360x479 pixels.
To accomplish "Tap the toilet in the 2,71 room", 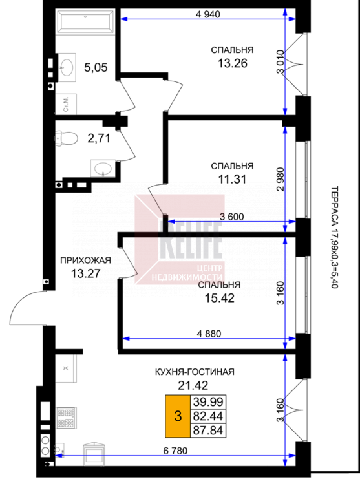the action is (67, 138).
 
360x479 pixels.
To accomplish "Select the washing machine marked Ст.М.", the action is (66, 104).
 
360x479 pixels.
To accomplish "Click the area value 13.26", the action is (233, 63).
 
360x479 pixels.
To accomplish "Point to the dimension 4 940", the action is (207, 14).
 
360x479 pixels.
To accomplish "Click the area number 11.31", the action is (232, 179).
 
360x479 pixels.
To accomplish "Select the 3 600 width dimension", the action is (232, 217).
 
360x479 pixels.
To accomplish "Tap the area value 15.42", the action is (219, 298).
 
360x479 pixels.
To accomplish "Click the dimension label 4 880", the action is (209, 334).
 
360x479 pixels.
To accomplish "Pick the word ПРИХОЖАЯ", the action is (85, 261).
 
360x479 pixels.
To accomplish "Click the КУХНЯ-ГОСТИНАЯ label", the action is (195, 372).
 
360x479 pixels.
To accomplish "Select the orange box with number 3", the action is (178, 416).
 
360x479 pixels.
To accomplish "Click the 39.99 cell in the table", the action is (208, 401).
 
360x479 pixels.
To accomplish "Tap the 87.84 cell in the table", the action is (208, 431).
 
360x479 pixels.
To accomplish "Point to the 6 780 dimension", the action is (175, 451).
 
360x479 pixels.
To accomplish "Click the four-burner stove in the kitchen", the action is (67, 418).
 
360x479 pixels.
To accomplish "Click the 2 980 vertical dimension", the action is (280, 179).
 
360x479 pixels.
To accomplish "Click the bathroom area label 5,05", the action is (96, 67).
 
